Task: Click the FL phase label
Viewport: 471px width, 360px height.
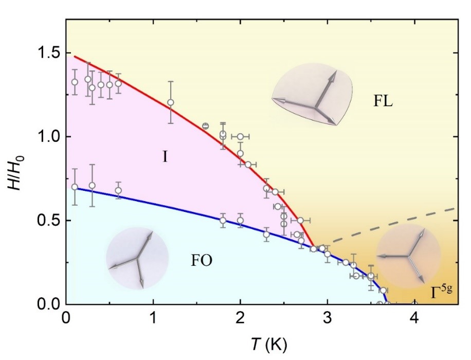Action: pos(383,101)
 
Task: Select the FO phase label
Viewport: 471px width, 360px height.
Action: pos(201,260)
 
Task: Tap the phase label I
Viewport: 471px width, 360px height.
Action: pos(165,157)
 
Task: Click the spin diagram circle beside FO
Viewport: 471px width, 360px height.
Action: pos(137,258)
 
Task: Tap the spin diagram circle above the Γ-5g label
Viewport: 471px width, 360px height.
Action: pos(408,256)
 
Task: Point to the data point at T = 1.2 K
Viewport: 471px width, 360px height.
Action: pos(171,102)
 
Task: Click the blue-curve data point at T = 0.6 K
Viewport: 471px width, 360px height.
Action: pos(118,190)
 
